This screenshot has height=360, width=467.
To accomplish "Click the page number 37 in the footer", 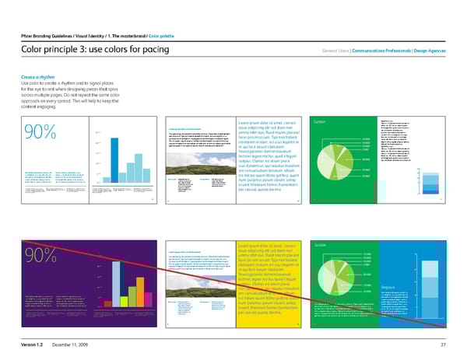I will pyautogui.click(x=442, y=344).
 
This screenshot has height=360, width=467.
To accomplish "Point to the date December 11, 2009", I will pyautogui.click(x=73, y=344).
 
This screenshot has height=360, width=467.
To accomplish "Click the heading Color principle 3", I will pyautogui.click(x=79, y=51).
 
